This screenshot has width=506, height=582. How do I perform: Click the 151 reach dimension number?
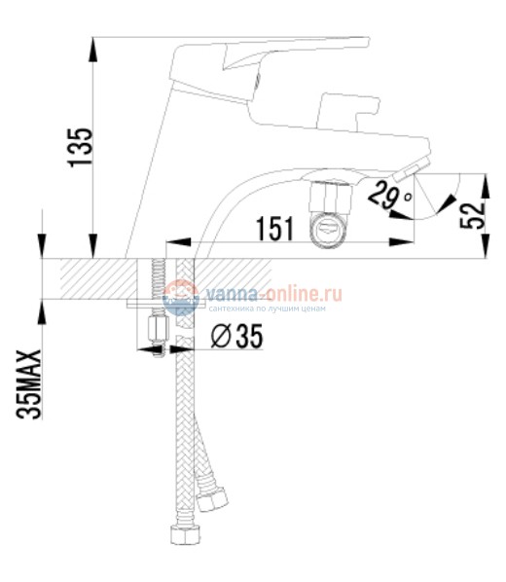pyautogui.click(x=275, y=230)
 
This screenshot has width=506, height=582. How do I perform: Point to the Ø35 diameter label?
pyautogui.click(x=236, y=337)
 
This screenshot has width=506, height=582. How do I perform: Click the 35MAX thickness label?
pyautogui.click(x=31, y=385)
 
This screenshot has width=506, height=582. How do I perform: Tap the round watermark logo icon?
pyautogui.click(x=179, y=296)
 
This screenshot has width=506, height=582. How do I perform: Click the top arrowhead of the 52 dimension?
pyautogui.click(x=484, y=178)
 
